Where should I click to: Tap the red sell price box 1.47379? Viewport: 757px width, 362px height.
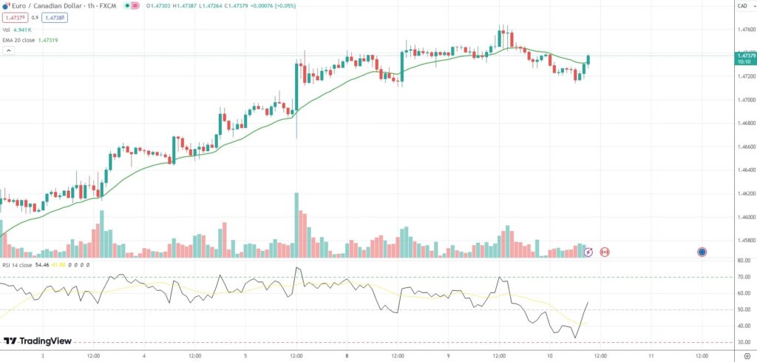[15, 17]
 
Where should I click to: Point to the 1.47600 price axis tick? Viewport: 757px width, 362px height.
[745, 30]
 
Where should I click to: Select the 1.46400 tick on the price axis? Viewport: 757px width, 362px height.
[745, 170]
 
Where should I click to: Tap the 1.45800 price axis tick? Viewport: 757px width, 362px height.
[745, 241]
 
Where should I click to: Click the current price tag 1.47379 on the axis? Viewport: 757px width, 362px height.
[745, 56]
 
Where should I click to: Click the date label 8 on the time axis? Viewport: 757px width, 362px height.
[346, 355]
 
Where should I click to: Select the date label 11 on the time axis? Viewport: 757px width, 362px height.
[650, 355]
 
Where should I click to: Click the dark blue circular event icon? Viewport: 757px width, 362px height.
[701, 252]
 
